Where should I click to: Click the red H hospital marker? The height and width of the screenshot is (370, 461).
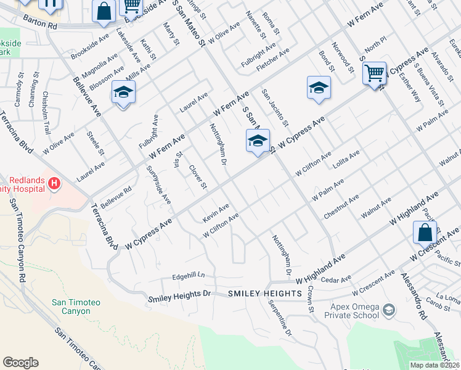[54, 183]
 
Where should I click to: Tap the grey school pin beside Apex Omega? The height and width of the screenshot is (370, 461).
[389, 309]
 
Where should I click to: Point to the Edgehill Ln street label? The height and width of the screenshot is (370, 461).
[188, 276]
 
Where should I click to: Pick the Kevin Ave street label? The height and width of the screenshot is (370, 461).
[216, 212]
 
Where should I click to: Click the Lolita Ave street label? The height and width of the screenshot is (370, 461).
[346, 159]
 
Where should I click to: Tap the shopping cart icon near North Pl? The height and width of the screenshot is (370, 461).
[374, 73]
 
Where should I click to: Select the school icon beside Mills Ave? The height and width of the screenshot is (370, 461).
[123, 92]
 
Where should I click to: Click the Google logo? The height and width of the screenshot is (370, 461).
[20, 363]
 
